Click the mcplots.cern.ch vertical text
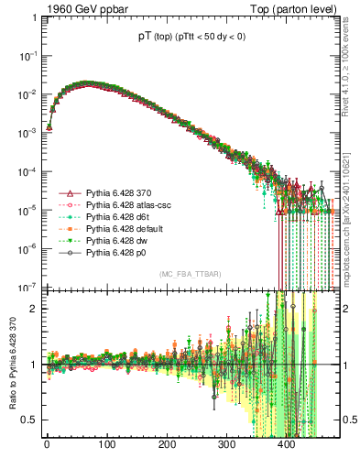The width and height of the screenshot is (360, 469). (352, 211)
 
